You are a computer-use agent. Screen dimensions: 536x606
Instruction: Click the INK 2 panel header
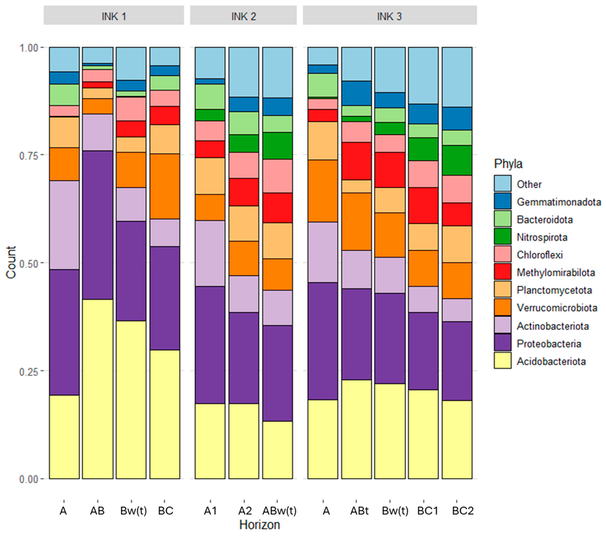[x=243, y=16]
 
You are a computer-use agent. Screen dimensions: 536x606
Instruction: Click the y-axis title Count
[x=11, y=262]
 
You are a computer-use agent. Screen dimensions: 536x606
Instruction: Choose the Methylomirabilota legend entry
[x=556, y=272]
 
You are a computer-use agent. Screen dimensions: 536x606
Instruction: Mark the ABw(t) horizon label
[x=279, y=511]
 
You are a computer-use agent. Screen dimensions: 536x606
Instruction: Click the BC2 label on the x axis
[x=463, y=511]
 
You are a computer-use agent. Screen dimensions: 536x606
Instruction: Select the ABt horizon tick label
[x=359, y=511]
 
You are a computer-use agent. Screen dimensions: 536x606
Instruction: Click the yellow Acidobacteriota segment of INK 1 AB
[x=98, y=388]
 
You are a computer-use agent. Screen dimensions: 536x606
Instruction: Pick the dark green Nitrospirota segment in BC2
[x=457, y=160]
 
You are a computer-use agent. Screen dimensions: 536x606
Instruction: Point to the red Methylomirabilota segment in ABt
[x=356, y=161]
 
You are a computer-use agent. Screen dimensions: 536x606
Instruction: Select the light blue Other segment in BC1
[x=423, y=75]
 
